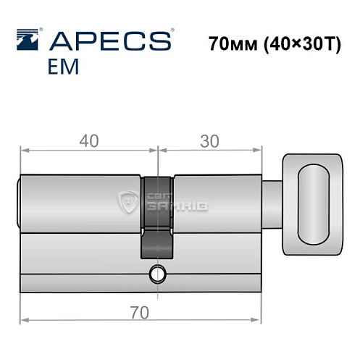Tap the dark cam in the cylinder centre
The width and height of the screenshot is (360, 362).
click(x=157, y=217)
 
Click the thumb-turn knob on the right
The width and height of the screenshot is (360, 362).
click(x=312, y=204)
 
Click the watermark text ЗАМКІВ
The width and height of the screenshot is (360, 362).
click(x=177, y=207)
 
